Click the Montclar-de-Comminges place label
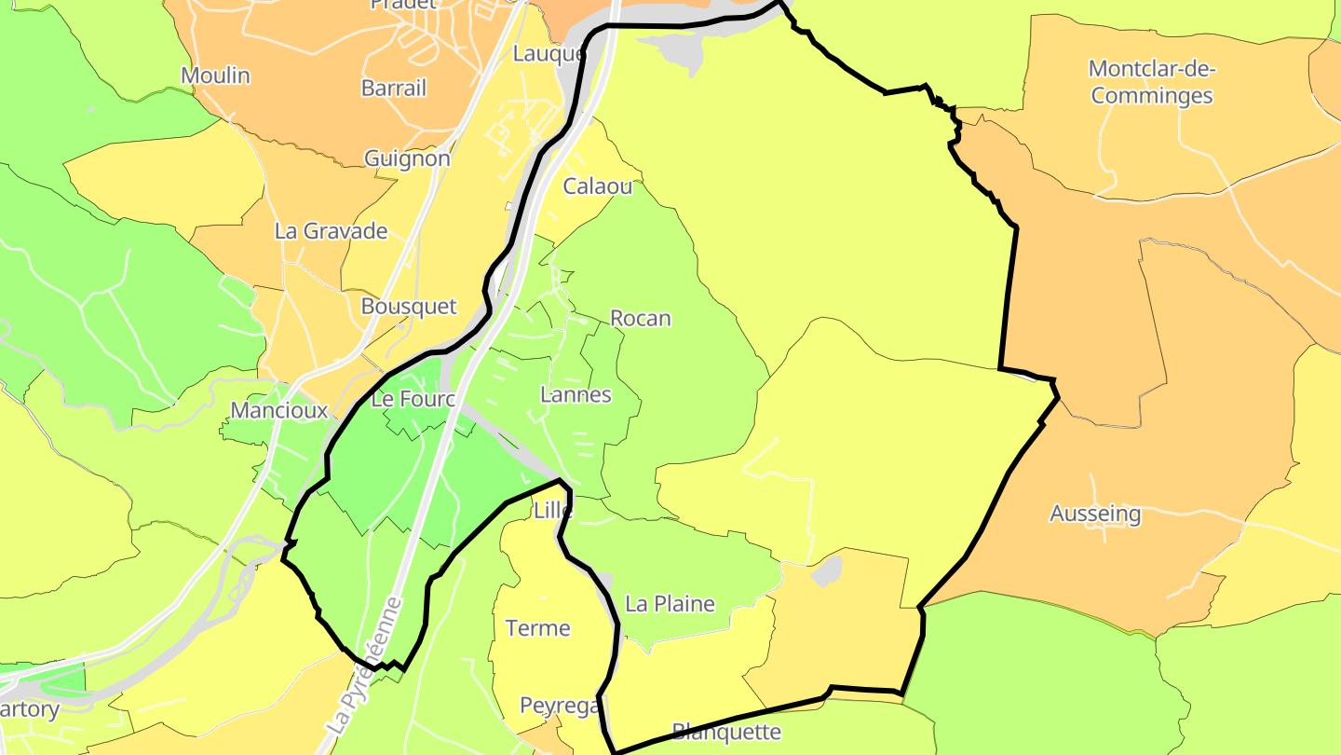tap(1152, 82)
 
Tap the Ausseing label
tap(1095, 514)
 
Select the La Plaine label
tap(670, 604)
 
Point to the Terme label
tap(537, 628)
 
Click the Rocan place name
tap(640, 319)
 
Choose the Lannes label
tap(576, 395)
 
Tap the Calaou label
tap(597, 186)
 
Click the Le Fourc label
tap(412, 400)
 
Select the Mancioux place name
tap(279, 410)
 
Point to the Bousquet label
tap(409, 307)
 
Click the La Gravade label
tap(331, 231)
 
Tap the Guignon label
tap(407, 158)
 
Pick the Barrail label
tap(393, 89)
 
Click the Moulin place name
tap(215, 75)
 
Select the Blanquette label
tap(726, 732)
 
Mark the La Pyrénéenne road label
tap(365, 666)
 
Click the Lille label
tap(553, 511)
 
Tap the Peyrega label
tap(559, 707)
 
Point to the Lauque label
tap(549, 54)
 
